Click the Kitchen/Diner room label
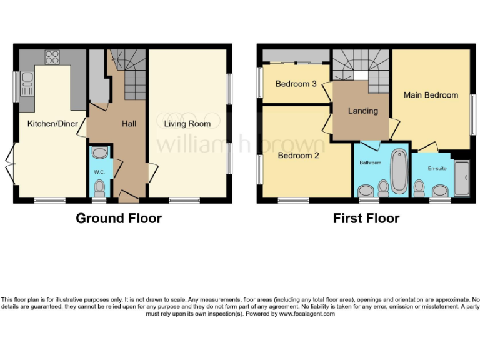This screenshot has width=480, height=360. tap(52, 124)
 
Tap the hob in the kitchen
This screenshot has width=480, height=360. tap(52, 57)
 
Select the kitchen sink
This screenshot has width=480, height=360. tap(27, 82)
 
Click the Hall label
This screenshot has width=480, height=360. tap(129, 124)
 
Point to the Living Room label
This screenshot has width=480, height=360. tap(187, 124)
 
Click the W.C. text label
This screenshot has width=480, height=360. tap(99, 171)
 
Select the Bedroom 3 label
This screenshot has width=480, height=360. tap(296, 84)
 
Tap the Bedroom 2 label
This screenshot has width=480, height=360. tap(299, 156)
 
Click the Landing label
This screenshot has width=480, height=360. tap(363, 111)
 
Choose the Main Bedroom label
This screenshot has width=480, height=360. tap(431, 95)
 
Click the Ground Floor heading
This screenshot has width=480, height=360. tap(119, 218)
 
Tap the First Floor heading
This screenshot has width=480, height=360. tap(366, 218)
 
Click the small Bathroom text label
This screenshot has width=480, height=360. tap(369, 162)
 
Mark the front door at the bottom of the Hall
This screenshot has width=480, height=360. tap(129, 199)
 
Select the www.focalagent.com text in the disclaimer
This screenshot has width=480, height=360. tap(306, 314)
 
